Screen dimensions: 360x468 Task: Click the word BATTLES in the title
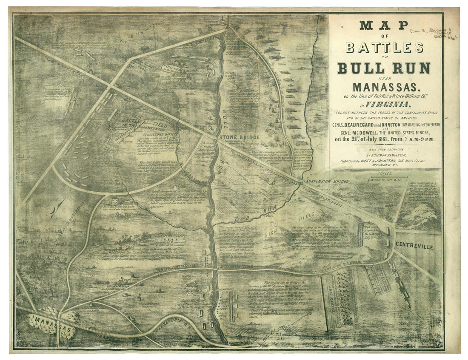click(x=384, y=47)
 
